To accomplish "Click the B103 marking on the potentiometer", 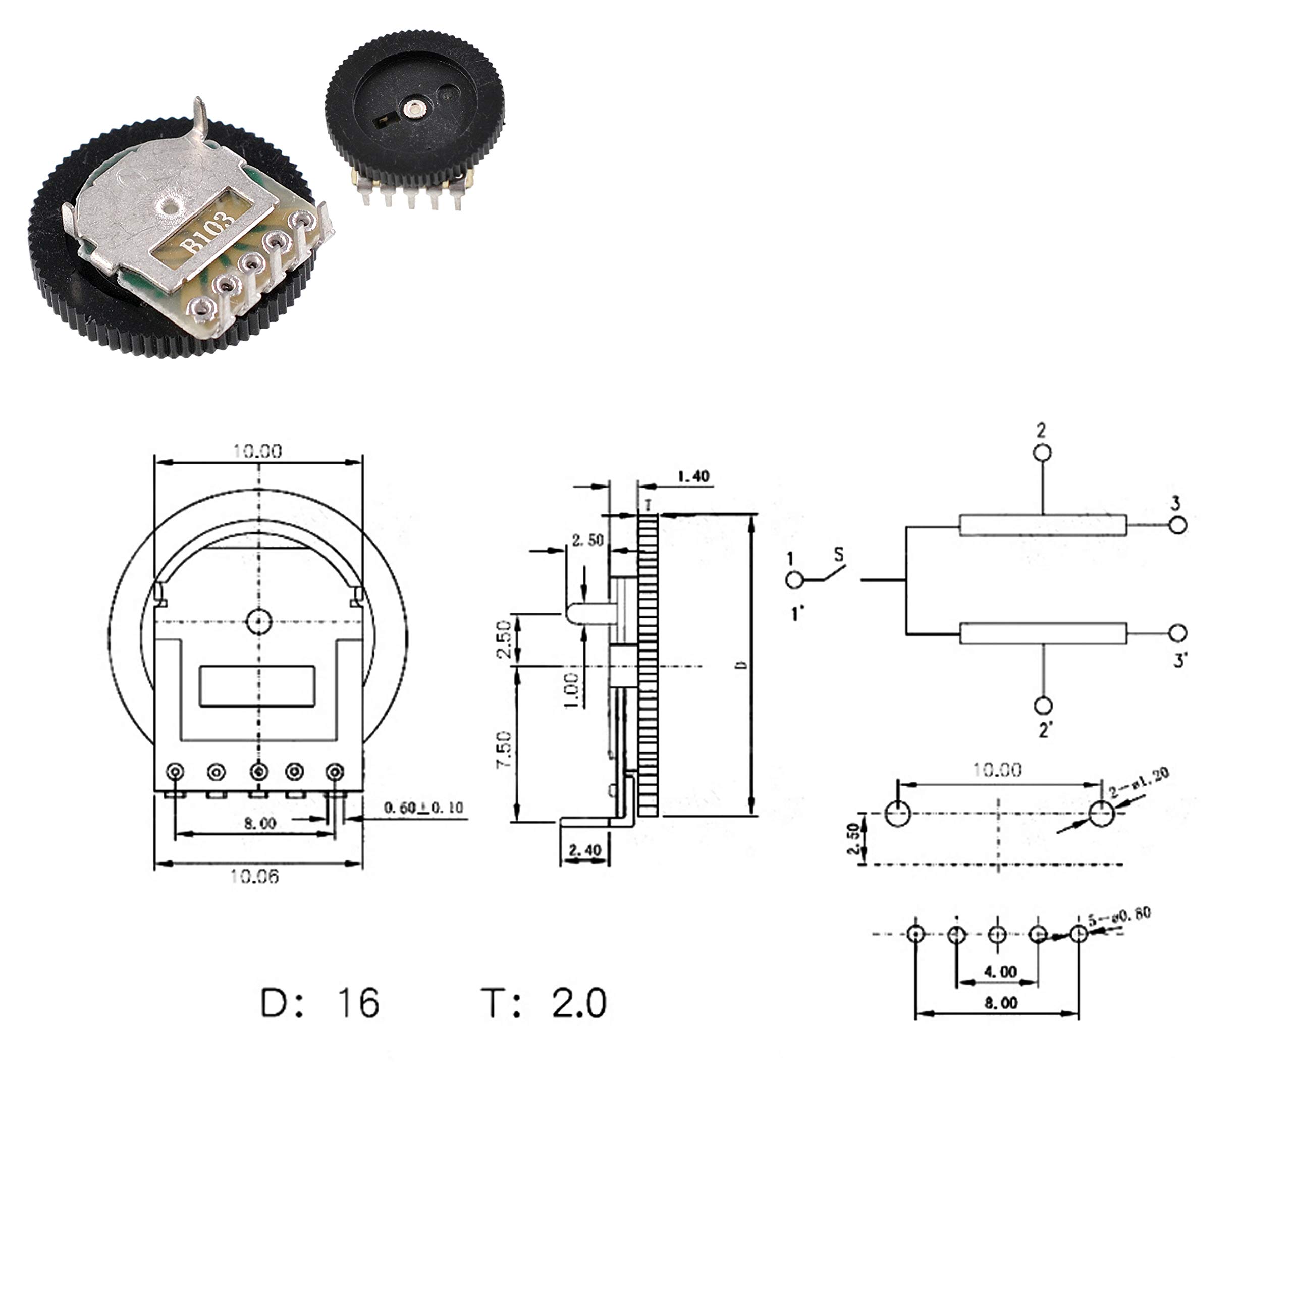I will tap(208, 231).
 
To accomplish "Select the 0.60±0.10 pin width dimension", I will tap(423, 808).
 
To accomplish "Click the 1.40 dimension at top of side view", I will tap(693, 477).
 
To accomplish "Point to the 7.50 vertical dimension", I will tap(504, 749).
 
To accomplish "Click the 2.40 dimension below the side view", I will tap(584, 850).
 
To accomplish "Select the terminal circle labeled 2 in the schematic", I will tap(1042, 453).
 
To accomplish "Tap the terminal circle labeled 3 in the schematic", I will tap(1177, 525).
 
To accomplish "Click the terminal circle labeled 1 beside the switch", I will tap(794, 580).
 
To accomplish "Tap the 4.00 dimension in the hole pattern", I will tap(1000, 972).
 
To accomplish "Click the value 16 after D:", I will tap(358, 1004).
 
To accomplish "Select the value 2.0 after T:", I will tap(579, 1004).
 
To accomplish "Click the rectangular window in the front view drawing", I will tap(257, 685).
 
